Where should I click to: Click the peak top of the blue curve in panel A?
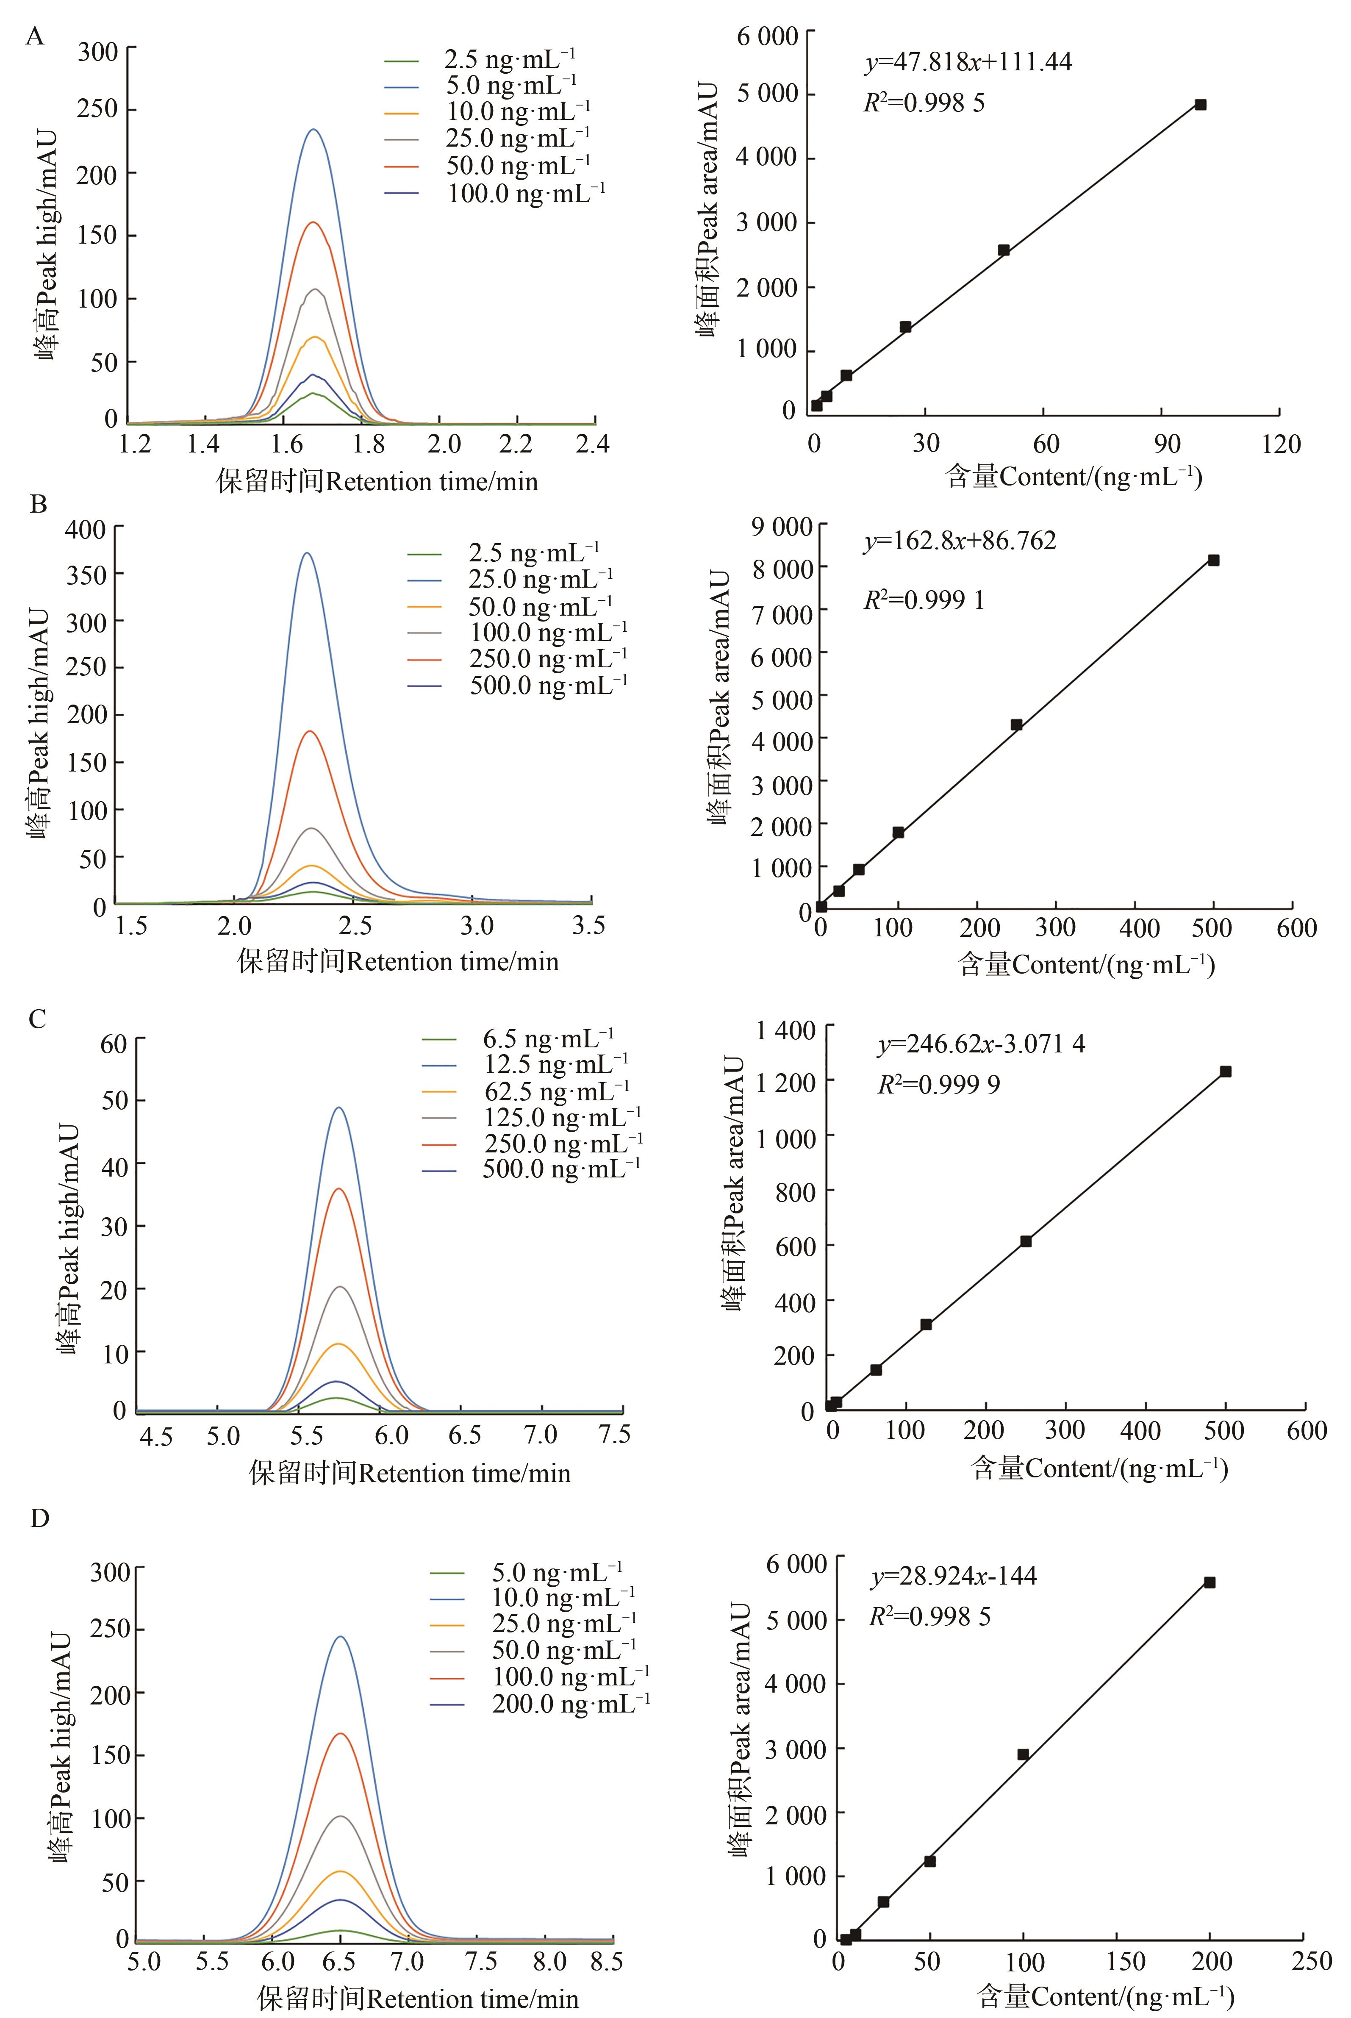tap(313, 130)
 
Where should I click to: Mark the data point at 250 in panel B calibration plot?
tap(1017, 724)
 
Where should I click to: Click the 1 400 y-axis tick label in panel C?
tap(785, 1030)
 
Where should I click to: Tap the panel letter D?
tap(40, 1517)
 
